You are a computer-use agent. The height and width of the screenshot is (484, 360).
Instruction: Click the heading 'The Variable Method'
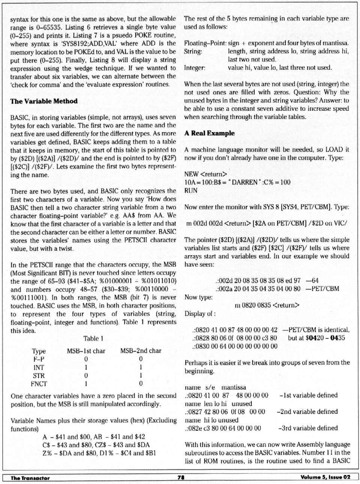point(44,101)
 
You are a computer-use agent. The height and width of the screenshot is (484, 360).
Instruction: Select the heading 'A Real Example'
point(209,133)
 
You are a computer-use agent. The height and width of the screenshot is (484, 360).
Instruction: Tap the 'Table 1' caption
point(93,338)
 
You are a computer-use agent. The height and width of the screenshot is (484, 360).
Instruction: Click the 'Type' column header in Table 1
point(39,351)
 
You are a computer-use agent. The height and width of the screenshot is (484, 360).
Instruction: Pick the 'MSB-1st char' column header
point(86,351)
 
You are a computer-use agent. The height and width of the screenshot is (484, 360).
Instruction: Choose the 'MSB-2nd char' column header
point(141,351)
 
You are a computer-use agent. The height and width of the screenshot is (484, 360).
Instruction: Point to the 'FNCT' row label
point(39,383)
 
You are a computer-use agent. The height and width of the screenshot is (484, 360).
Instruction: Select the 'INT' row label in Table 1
point(39,367)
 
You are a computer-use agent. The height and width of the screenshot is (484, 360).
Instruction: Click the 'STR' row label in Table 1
point(39,375)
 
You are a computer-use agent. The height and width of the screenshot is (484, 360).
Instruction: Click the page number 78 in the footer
point(181,477)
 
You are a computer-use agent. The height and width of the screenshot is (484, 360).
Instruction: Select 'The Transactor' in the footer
point(30,478)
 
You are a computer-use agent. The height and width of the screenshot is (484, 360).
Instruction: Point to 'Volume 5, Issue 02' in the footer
point(325,477)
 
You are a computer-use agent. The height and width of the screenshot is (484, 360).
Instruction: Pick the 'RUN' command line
point(191,191)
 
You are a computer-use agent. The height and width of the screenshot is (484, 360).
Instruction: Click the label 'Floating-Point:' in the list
point(205,43)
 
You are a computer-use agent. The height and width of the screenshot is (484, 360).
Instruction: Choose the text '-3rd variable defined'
point(308,428)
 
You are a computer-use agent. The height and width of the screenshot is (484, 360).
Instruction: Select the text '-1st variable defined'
point(309,395)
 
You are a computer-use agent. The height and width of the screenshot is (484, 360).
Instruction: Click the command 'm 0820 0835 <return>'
point(267,305)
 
